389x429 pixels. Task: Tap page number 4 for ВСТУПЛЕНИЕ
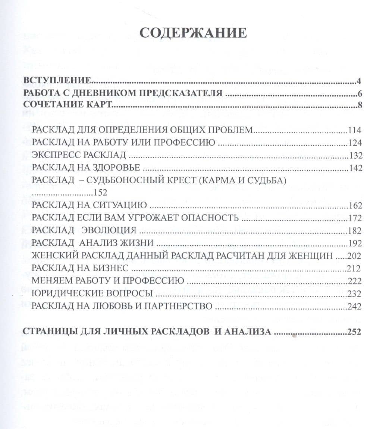point(359,81)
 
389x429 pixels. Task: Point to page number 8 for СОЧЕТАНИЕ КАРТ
point(360,105)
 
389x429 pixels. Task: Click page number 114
point(354,130)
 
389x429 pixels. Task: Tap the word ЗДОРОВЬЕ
point(113,168)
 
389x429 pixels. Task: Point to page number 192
point(354,243)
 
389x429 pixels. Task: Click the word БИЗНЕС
point(109,268)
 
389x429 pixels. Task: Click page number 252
point(354,332)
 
